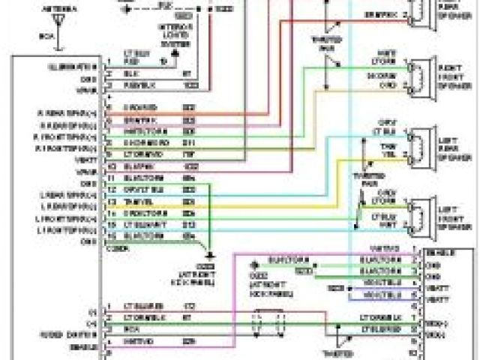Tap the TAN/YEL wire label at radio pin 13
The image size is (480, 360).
[136, 202]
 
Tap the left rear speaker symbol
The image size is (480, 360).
[418, 147]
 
